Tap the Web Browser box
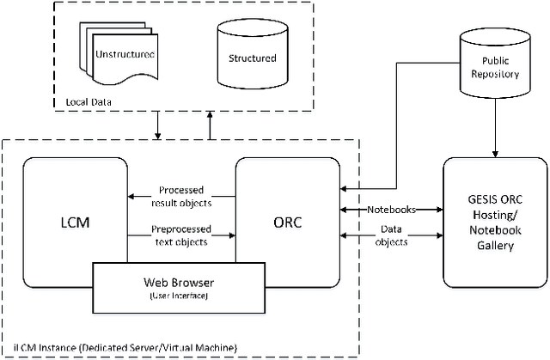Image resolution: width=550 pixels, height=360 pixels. [x=178, y=288]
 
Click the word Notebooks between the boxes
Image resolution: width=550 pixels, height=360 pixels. [x=392, y=209]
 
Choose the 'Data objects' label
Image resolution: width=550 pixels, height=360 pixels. [x=392, y=235]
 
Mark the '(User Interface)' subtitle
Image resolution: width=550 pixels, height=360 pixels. [x=178, y=296]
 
